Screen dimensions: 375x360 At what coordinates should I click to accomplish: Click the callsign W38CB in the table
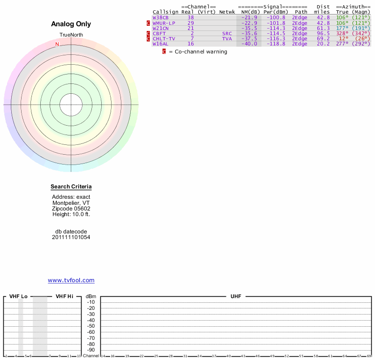point(160,18)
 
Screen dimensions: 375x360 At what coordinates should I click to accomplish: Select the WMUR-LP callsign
point(164,23)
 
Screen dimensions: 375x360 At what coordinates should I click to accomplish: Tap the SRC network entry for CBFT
point(227,34)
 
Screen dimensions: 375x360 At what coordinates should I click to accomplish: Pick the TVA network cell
point(227,39)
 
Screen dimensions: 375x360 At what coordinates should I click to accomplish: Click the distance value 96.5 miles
point(323,34)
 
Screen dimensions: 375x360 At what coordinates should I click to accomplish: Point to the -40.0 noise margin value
point(249,44)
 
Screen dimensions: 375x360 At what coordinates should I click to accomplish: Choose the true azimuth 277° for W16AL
point(342,44)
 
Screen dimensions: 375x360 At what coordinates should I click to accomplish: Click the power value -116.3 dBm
point(276,39)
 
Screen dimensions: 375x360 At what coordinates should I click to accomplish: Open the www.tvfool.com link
point(71,280)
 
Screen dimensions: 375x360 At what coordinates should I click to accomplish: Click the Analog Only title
point(71,24)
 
